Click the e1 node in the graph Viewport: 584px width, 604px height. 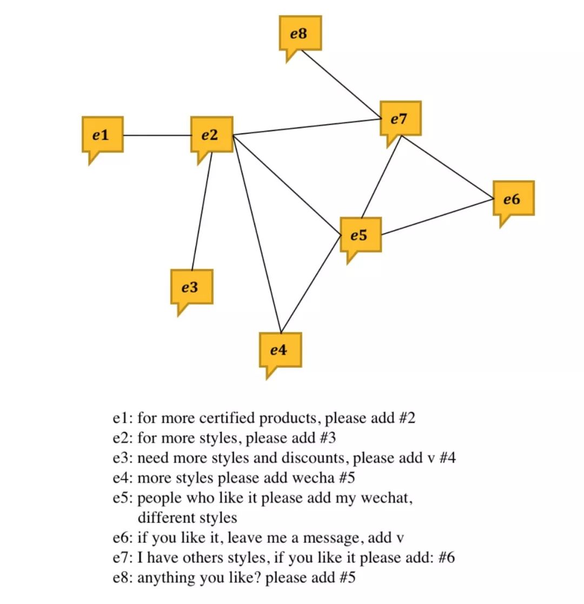102,135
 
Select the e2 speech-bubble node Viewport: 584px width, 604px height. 211,135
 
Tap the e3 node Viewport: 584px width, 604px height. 191,287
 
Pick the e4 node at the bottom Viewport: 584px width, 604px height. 280,350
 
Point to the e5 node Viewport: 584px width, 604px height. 360,235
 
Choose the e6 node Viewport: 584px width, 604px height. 513,199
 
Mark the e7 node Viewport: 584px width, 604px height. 400,119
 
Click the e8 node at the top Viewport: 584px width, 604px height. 300,34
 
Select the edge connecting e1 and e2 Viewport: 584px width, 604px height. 157,135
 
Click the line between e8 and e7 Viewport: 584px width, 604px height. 340,83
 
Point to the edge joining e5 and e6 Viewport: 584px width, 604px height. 437,216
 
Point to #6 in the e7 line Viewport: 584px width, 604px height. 447,558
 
